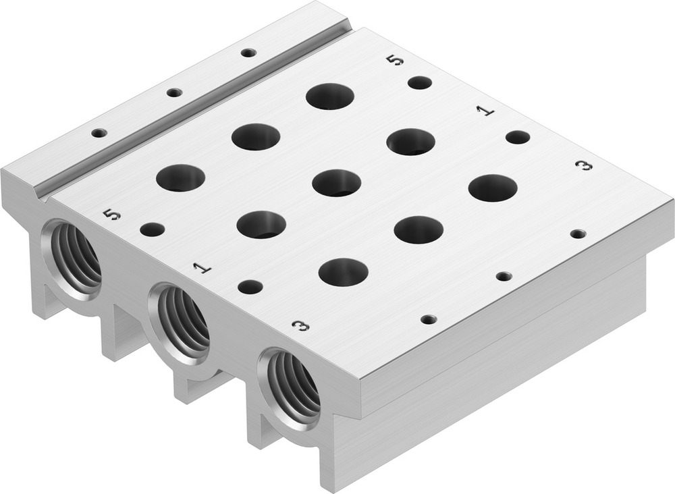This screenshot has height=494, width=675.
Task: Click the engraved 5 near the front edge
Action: [113, 215]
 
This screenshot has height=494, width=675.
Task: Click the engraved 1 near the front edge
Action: [201, 268]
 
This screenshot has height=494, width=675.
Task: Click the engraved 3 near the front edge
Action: [301, 326]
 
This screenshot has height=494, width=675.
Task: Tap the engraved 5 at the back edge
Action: [396, 61]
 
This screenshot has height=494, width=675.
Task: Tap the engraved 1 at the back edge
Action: [485, 111]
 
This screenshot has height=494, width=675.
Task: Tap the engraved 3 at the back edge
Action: [583, 165]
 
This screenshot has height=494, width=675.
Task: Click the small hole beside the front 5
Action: [152, 229]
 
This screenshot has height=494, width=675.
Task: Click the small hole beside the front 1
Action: [250, 287]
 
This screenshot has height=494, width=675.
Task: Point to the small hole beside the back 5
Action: [420, 83]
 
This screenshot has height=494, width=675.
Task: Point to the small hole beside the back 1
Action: [518, 138]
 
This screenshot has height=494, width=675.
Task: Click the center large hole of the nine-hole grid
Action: [337, 183]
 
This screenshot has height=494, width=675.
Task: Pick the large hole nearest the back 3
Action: [493, 188]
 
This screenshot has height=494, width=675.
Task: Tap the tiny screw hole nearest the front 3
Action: [428, 319]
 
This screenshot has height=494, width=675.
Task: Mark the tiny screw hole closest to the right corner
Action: [578, 234]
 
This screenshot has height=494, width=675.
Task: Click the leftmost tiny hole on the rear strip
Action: [99, 133]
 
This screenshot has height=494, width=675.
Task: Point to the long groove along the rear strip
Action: [196, 111]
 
